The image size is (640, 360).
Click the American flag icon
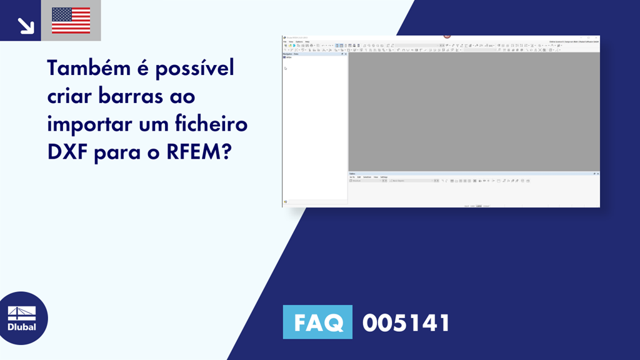click(71, 21)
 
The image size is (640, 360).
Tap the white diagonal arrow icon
click(25, 26)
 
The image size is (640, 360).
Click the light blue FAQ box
click(317, 322)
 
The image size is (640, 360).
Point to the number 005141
click(406, 322)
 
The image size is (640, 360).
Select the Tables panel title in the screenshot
click(353, 173)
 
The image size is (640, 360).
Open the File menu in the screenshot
click(285, 42)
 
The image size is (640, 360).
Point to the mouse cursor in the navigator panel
click(286, 68)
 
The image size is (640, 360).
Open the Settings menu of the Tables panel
click(384, 177)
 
